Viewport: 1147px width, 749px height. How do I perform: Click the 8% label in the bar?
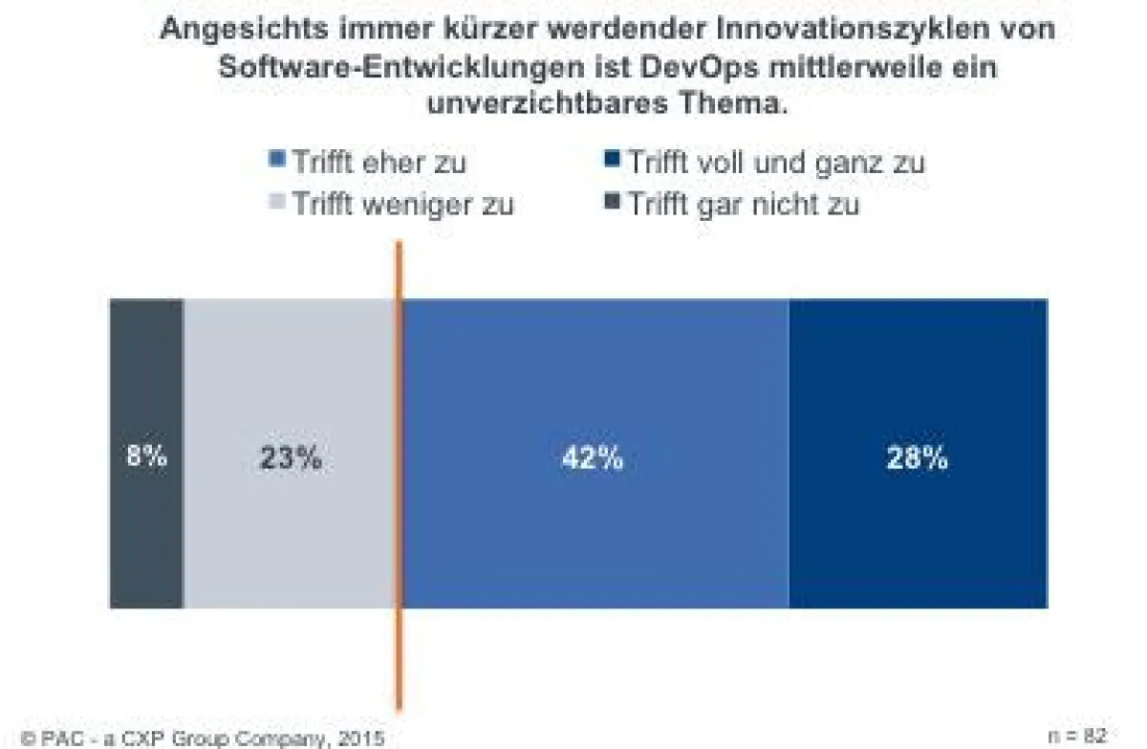click(146, 457)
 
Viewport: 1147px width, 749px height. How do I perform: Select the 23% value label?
click(291, 458)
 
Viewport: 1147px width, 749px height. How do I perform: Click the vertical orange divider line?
click(399, 660)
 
